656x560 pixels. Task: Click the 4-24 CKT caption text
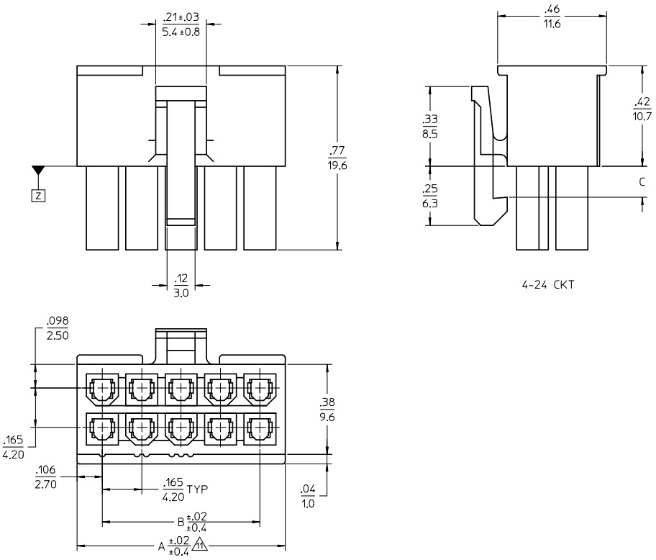tap(548, 285)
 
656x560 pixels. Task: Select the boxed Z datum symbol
tap(38, 195)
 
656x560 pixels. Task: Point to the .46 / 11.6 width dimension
tap(552, 17)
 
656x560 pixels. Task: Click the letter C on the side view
tap(642, 182)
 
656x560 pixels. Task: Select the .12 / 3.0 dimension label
tap(181, 285)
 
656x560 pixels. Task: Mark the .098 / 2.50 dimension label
tap(58, 329)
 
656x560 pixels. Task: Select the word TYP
tap(197, 490)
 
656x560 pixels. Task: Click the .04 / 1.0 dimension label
tap(308, 497)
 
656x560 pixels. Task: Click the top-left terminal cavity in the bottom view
tap(102, 389)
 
